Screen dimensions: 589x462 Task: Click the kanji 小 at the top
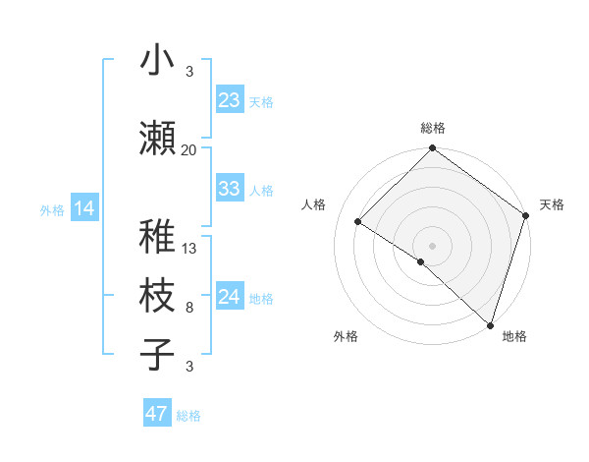(157, 60)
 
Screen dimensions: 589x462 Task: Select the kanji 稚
(157, 237)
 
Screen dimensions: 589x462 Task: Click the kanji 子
(157, 353)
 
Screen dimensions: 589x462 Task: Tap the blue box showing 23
(229, 99)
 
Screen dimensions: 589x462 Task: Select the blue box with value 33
(229, 189)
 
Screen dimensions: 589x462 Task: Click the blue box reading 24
(229, 297)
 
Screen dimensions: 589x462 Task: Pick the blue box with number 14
(83, 207)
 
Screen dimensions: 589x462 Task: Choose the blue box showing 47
(157, 414)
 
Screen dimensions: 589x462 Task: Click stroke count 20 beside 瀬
(189, 149)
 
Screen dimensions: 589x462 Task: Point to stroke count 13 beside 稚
(189, 249)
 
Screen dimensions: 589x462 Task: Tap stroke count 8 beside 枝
(189, 308)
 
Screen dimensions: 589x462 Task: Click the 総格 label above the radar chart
(432, 128)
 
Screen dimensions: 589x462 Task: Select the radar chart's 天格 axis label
(552, 204)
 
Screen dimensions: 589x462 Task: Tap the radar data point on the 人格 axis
(358, 222)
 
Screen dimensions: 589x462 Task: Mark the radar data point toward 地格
(490, 323)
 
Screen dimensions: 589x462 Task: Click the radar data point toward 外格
(421, 261)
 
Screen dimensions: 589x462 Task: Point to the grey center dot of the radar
(432, 245)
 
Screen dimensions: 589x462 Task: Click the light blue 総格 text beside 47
(188, 416)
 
